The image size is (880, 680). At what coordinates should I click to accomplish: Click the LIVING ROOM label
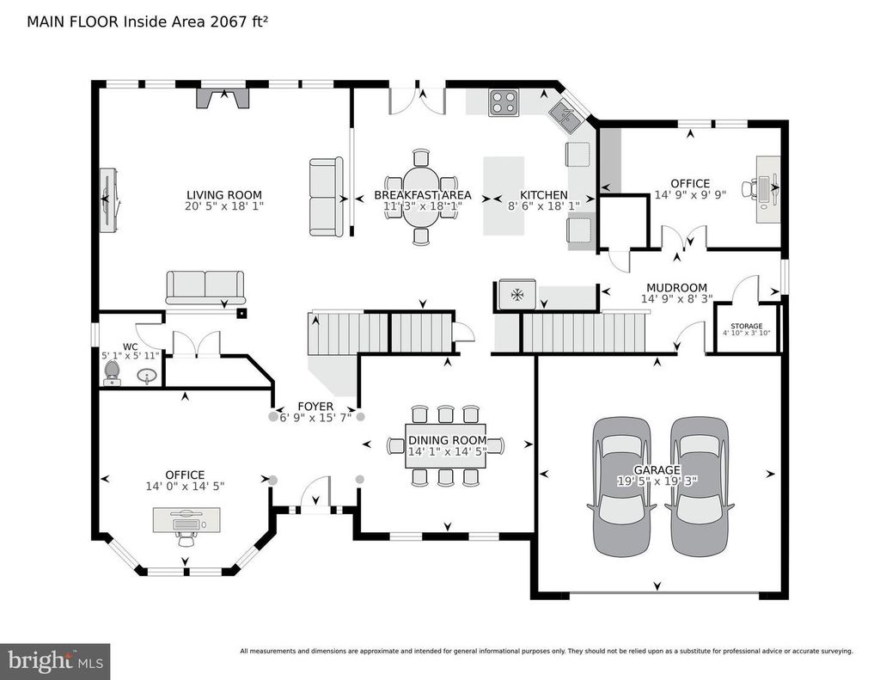224,195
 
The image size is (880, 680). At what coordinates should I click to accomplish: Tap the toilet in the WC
113,373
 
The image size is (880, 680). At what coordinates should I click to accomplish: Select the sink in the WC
147,376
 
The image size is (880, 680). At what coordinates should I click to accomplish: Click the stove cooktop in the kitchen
503,103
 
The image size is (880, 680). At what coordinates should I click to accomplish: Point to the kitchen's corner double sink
566,117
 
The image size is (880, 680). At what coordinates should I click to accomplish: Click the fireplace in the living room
223,96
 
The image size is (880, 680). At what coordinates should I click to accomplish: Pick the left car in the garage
622,487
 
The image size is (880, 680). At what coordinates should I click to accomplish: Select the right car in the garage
700,487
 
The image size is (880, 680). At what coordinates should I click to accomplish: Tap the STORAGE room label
747,326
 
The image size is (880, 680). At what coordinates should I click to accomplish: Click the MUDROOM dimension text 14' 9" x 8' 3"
677,299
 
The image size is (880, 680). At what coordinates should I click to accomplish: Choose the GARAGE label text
657,469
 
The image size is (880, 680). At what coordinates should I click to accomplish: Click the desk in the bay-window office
186,519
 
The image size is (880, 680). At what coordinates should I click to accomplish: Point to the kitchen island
504,195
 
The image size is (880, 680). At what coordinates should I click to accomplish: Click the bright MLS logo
55,661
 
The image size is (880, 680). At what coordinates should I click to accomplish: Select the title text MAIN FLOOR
73,21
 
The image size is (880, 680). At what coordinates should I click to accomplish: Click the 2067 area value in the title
228,21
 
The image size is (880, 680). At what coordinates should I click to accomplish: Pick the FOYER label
315,406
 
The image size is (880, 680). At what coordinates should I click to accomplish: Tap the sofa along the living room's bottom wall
205,287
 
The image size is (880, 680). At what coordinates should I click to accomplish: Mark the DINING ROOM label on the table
447,440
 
